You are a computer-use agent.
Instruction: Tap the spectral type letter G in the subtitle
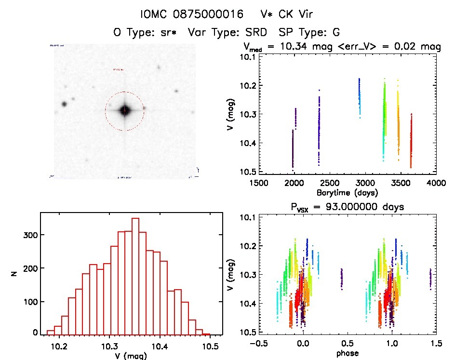(336, 33)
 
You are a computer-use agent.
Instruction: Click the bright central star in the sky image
(124, 110)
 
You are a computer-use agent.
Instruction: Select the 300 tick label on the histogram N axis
(31, 235)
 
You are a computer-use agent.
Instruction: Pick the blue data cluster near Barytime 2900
(359, 96)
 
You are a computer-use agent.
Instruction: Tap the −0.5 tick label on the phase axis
(258, 344)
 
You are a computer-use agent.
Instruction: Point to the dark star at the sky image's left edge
(64, 104)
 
